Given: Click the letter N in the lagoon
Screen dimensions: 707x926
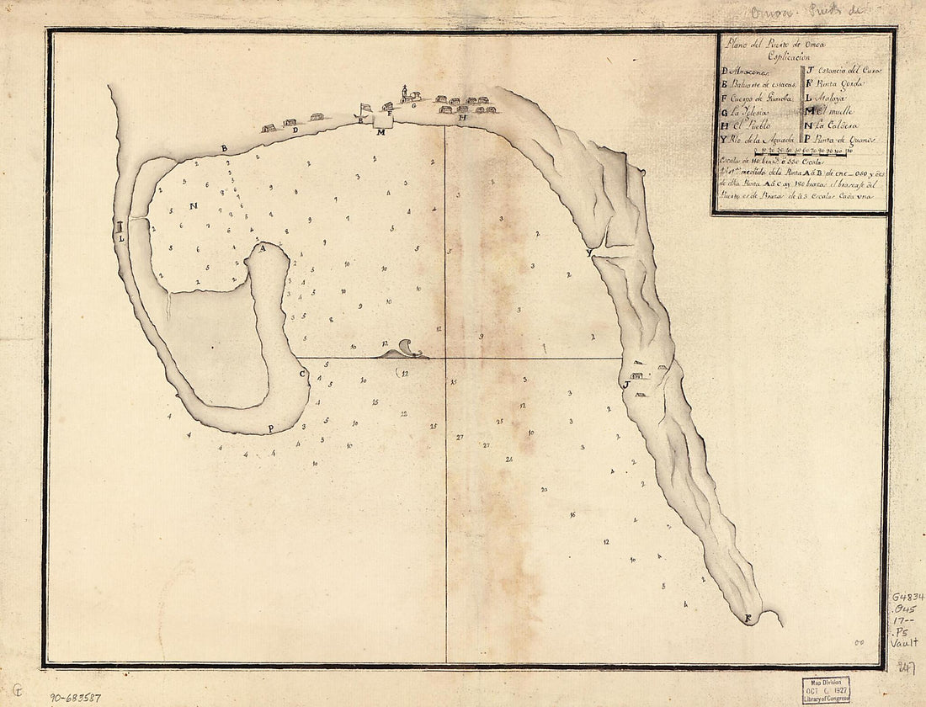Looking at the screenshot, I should coord(193,205).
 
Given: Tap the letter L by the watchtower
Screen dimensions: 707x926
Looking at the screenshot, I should coord(121,238).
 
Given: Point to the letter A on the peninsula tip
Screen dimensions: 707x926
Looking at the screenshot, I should coord(262,248).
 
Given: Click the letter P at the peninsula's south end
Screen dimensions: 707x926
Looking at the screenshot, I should coord(270,428).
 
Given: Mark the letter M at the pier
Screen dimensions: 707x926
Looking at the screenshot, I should coord(381,133).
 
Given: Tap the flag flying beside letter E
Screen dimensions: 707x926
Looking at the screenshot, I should coord(365,109).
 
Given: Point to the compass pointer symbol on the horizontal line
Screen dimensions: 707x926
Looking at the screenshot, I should coord(402,352).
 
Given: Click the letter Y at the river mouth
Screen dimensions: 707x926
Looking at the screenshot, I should coord(589,252).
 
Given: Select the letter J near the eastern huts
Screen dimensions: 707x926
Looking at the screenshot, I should coord(625,384).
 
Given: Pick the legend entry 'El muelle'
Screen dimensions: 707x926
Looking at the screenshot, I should coord(833,110).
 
